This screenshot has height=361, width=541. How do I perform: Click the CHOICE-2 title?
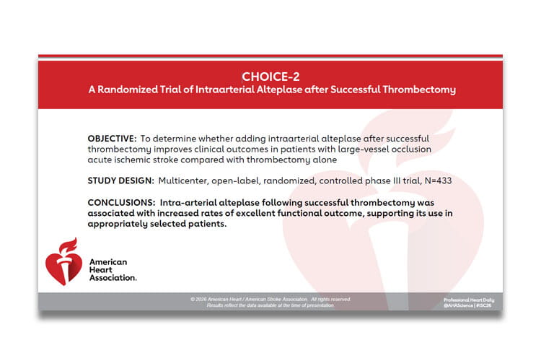coord(270,76)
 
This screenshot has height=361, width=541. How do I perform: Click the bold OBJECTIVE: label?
coord(112,138)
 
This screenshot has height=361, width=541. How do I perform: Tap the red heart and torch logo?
coord(62,261)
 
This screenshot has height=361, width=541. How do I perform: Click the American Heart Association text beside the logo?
coord(112,269)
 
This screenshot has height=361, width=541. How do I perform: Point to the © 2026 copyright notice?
coord(270,299)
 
